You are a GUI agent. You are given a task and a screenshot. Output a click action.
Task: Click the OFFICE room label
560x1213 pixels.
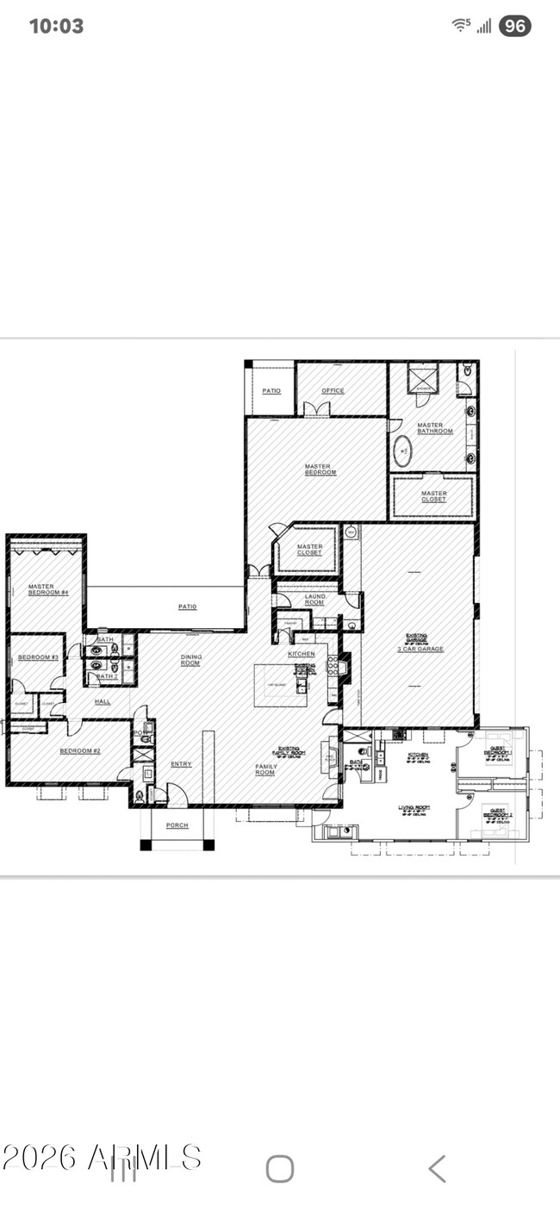[x=333, y=391]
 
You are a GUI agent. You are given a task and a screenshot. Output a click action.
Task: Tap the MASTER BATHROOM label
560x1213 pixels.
[x=435, y=428]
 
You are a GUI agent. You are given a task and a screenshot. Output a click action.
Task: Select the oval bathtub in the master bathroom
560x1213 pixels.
[x=403, y=450]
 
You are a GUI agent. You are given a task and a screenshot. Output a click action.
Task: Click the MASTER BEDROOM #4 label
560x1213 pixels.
[x=41, y=589]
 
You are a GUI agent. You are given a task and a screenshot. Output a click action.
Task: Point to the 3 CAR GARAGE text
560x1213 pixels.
[x=421, y=649]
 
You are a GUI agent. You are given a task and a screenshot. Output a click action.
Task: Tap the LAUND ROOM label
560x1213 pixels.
[x=314, y=599]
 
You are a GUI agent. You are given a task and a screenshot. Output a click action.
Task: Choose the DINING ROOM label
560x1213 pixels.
[x=191, y=661]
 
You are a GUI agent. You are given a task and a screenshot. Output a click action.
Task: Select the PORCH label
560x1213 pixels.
[x=177, y=825]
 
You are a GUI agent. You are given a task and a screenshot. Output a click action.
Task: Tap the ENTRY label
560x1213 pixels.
[x=181, y=764]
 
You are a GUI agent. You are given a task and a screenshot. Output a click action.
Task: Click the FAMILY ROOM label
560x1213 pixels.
[x=266, y=769]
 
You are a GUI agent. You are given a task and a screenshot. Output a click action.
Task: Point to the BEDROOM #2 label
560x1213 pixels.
[x=80, y=751]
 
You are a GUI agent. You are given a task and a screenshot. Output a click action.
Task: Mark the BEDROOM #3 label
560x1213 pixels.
[x=38, y=658]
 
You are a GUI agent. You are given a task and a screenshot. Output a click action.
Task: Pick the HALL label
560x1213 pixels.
[x=103, y=702]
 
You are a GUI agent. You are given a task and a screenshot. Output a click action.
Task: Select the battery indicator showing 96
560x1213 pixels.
[x=514, y=26]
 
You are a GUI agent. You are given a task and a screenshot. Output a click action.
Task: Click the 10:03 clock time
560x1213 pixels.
[x=56, y=26]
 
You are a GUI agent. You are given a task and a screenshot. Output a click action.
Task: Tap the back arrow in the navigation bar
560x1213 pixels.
[x=437, y=1169]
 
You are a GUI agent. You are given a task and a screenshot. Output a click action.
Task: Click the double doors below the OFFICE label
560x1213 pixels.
[x=310, y=409]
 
